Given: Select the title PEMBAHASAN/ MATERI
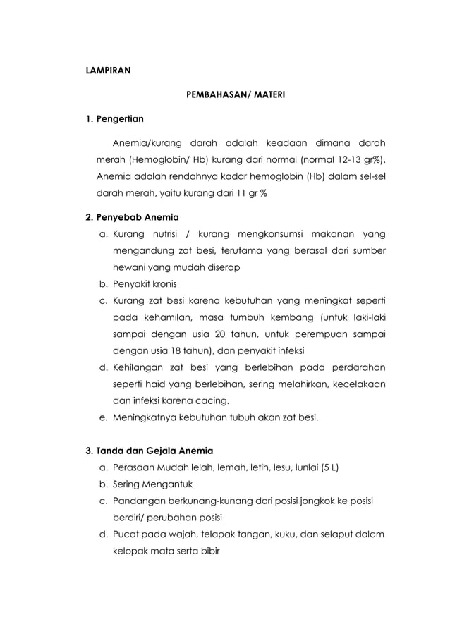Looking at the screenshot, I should (x=235, y=93).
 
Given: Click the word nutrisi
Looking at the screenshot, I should (x=163, y=233).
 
